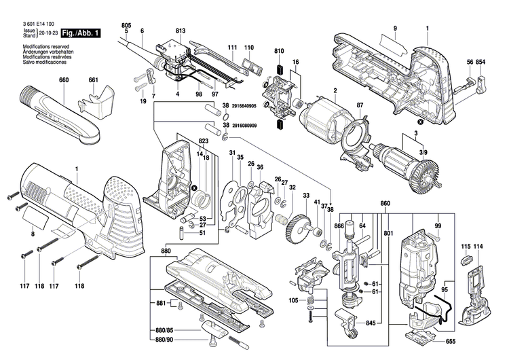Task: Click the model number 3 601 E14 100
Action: click(33, 24)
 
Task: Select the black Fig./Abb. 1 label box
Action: click(81, 33)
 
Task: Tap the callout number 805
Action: click(126, 26)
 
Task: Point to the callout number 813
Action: click(180, 32)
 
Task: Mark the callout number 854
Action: click(480, 62)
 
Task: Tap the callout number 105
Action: click(293, 300)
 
